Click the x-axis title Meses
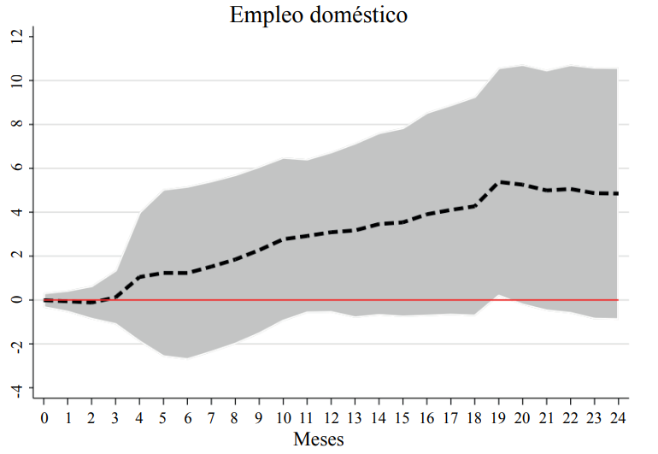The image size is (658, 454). point(318,439)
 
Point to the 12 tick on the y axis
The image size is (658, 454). point(16,36)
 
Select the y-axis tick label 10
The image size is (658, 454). point(16,80)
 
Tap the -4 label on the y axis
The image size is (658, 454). point(16,388)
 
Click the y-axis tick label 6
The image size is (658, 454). point(16,168)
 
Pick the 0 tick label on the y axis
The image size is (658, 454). point(16,300)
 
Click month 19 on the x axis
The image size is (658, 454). point(497,417)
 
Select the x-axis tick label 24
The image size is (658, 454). point(617,417)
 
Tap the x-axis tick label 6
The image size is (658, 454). point(188,417)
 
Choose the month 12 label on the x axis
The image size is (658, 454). point(331,417)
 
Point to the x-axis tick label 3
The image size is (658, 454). point(116,417)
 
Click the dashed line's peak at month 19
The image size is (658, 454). point(497,181)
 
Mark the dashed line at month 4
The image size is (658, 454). point(140,277)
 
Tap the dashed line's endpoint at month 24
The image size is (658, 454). point(617,193)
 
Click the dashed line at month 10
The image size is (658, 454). point(283,239)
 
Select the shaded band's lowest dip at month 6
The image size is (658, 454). point(188,357)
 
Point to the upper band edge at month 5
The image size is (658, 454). point(164,190)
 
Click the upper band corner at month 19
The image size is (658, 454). point(497,69)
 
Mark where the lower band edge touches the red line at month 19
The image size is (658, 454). point(497,295)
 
